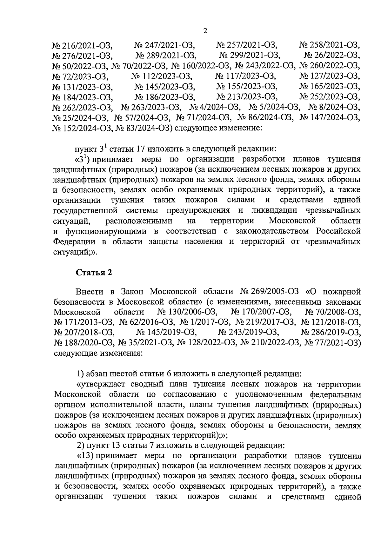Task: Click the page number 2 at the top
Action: tap(205, 31)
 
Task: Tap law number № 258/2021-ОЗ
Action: tap(330, 45)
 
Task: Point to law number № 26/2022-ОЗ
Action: tap(332, 56)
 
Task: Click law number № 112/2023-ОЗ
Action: tap(162, 76)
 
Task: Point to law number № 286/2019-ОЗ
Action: tap(331, 333)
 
